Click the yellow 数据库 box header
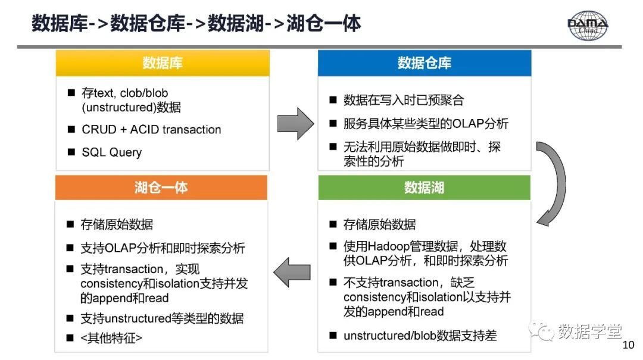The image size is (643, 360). click(x=162, y=63)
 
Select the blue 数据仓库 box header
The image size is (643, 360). click(x=424, y=63)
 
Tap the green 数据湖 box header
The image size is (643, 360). click(x=424, y=187)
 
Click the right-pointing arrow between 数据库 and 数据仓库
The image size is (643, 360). click(x=295, y=124)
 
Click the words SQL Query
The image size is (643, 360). click(x=112, y=152)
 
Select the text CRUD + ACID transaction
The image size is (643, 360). click(x=151, y=130)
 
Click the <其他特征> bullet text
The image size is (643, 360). click(x=112, y=338)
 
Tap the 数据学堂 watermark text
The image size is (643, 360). click(x=589, y=331)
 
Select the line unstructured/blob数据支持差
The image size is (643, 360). click(x=420, y=336)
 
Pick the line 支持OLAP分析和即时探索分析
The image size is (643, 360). click(x=163, y=248)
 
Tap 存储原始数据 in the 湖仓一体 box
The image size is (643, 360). click(x=117, y=224)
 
